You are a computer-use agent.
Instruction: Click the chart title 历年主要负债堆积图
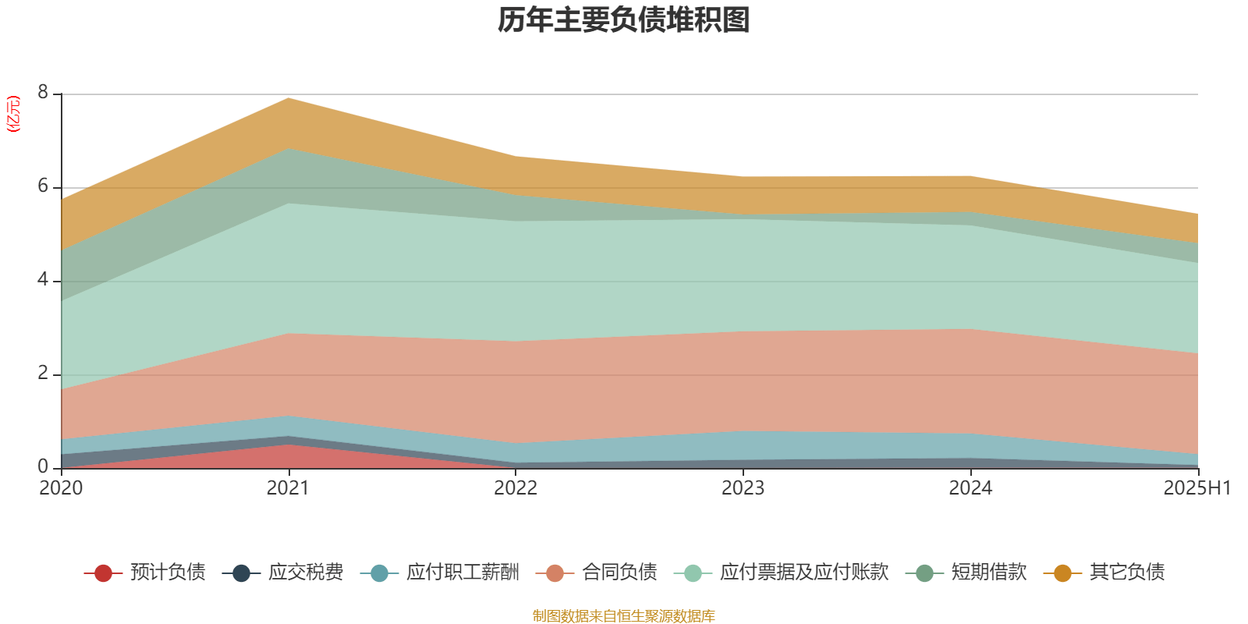tap(624, 20)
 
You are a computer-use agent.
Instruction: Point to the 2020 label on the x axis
tap(61, 488)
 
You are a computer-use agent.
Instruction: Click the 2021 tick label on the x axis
tap(288, 488)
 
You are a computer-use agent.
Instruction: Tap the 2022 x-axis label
tap(516, 488)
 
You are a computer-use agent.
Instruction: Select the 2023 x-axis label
tap(743, 488)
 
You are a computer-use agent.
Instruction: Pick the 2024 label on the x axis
tap(970, 488)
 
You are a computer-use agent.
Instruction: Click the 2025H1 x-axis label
tap(1196, 488)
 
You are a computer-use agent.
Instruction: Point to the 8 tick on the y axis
tap(43, 93)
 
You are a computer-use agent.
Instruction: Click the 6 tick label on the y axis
tap(43, 186)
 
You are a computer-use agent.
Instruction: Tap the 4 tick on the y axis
tap(43, 279)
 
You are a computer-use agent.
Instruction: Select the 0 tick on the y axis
tap(43, 466)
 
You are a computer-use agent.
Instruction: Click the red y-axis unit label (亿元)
tap(13, 114)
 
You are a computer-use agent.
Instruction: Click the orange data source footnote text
tap(623, 616)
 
